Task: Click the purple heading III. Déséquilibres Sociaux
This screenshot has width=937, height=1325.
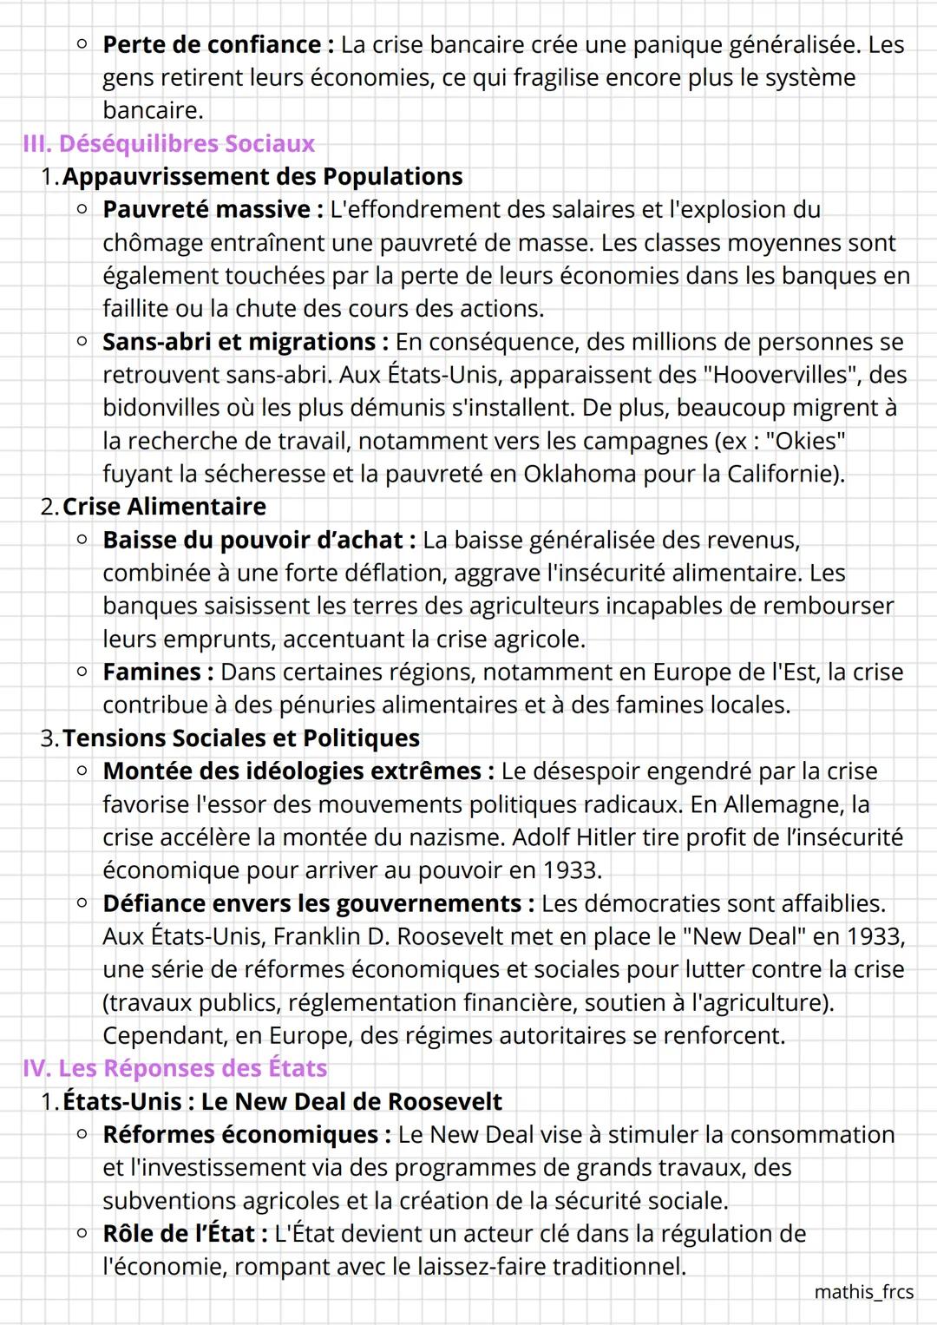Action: (x=169, y=143)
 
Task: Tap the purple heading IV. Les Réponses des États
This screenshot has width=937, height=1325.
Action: (x=175, y=1068)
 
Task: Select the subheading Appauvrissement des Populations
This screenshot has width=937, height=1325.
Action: (x=262, y=176)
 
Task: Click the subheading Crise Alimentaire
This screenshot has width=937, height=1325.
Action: (x=164, y=507)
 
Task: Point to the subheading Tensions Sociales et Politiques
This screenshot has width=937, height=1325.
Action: (x=240, y=738)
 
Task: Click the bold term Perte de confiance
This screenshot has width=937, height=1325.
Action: (x=212, y=44)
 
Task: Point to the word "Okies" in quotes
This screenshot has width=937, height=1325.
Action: (x=804, y=441)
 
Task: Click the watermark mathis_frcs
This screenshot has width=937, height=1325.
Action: (x=863, y=1292)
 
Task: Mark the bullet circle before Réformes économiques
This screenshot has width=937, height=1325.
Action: (x=82, y=1133)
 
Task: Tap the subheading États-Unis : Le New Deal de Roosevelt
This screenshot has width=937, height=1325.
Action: (x=282, y=1102)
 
